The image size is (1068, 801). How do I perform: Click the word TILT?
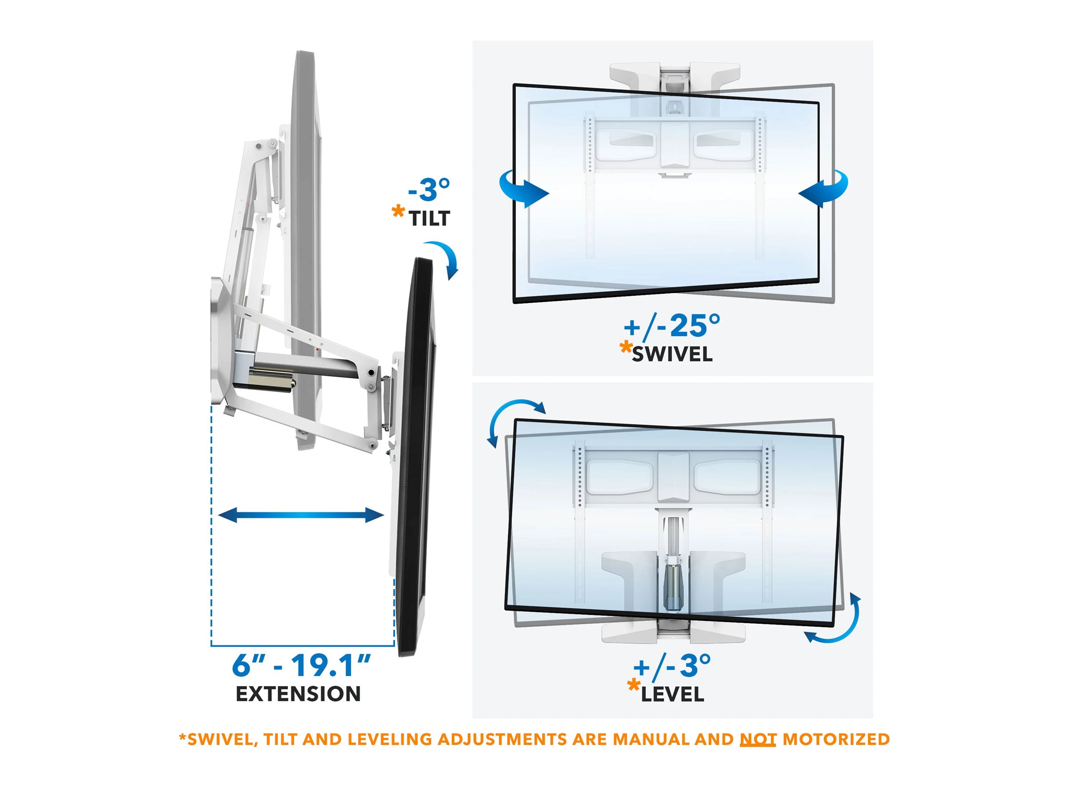tap(430, 219)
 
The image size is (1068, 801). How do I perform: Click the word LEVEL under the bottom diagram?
tap(672, 695)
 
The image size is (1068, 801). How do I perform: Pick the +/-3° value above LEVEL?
tap(672, 666)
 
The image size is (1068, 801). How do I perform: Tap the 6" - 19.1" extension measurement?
tap(301, 665)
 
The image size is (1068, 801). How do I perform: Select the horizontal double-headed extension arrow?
tap(301, 515)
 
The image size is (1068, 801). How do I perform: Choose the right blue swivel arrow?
tap(824, 189)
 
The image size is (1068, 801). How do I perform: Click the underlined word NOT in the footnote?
tap(758, 739)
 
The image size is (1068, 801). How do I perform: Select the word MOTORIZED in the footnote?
tap(836, 739)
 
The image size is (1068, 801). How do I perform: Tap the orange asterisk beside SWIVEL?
tap(626, 348)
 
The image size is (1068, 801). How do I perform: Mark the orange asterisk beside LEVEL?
tap(634, 686)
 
